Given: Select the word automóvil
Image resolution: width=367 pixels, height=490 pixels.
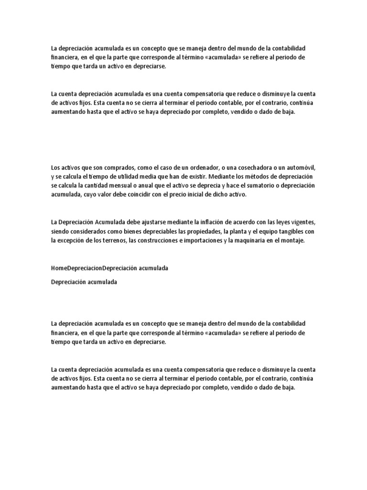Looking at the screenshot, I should coord(301,167).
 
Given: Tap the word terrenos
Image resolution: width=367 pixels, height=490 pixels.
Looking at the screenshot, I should coord(111,241).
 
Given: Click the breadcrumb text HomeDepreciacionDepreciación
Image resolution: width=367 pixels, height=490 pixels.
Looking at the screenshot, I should coord(94,268).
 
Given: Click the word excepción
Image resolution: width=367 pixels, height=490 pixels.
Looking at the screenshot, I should coord(72,241).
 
